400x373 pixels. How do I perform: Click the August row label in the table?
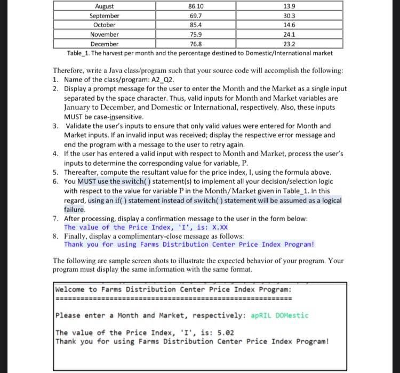tap(105, 6)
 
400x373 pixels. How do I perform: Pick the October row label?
tap(105, 25)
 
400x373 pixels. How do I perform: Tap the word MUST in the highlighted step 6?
tap(87, 182)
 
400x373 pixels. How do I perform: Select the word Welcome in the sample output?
tap(71, 289)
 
